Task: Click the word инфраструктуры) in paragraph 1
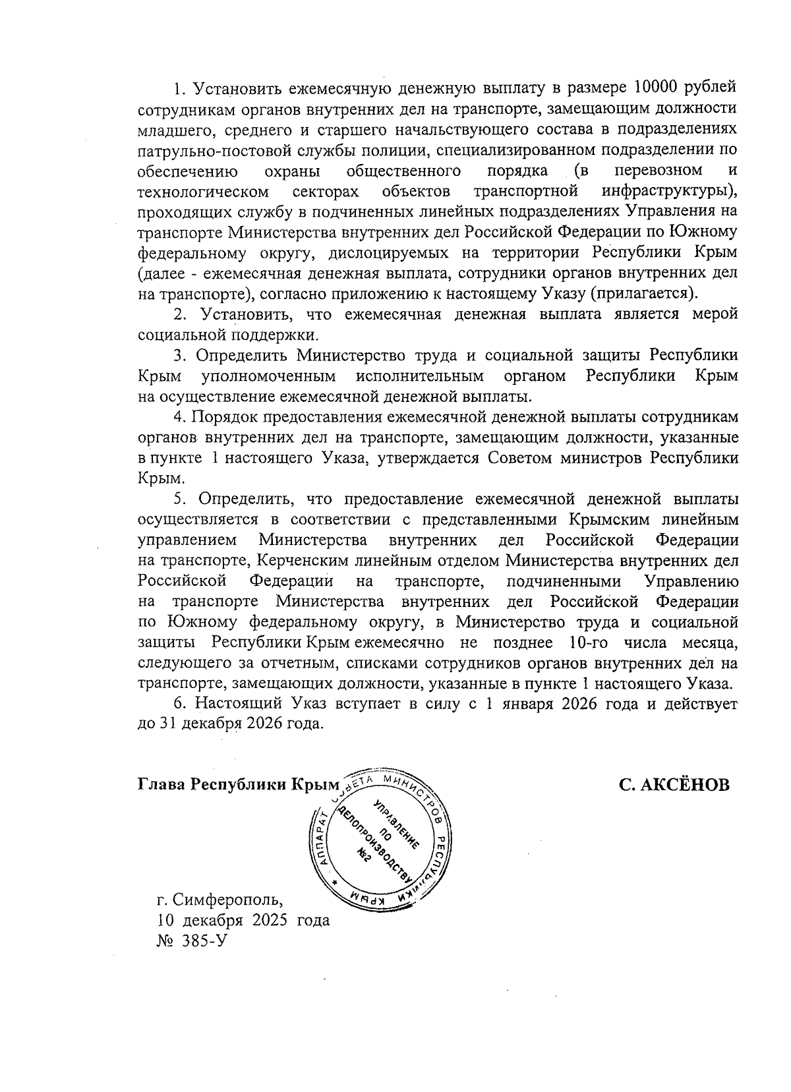[668, 191]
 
